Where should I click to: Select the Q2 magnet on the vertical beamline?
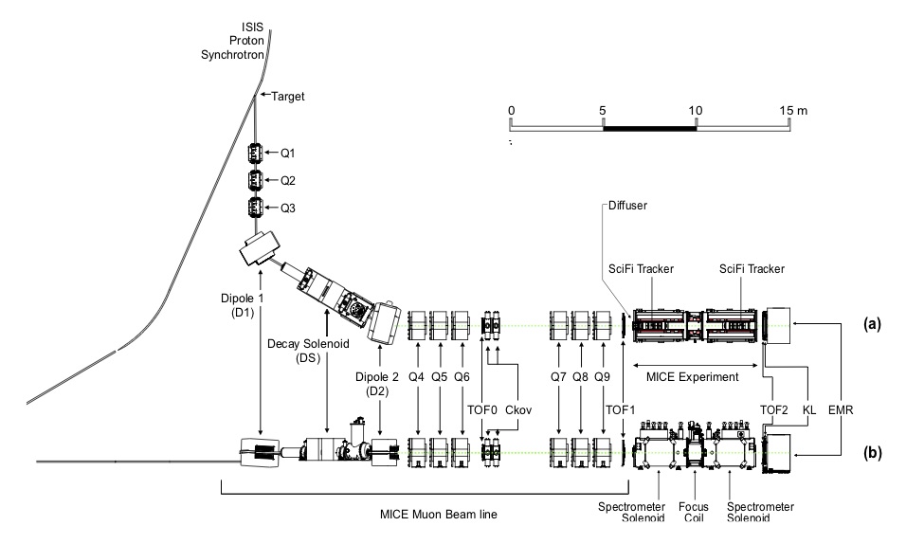click(x=254, y=179)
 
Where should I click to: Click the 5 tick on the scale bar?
click(x=604, y=111)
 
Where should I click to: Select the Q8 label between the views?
click(x=580, y=376)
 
